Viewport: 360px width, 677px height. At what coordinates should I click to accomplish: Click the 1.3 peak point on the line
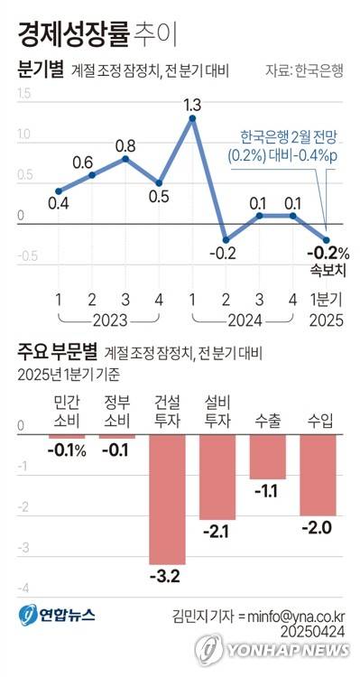tap(192, 118)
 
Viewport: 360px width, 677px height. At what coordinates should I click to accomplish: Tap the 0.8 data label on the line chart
tap(125, 145)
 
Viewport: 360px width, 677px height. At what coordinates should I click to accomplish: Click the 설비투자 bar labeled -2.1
tap(217, 478)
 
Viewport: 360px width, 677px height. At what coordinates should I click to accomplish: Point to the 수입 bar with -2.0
tap(318, 475)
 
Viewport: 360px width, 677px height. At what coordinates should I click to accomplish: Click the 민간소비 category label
tap(67, 411)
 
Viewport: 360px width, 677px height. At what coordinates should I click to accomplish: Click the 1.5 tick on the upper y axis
tap(23, 93)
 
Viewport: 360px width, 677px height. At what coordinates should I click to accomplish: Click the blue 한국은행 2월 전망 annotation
tap(288, 146)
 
